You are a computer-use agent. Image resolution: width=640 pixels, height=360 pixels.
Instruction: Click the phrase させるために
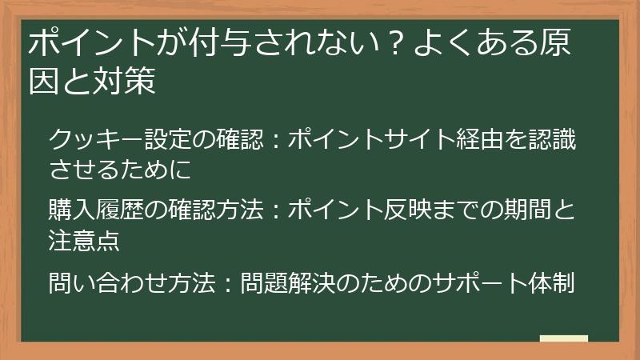pyautogui.click(x=120, y=170)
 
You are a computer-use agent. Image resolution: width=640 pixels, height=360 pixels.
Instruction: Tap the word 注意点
pyautogui.click(x=84, y=240)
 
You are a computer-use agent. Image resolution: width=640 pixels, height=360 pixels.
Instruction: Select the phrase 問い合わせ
pyautogui.click(x=108, y=282)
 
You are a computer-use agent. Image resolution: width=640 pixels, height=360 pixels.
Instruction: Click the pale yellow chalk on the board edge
pyautogui.click(x=564, y=338)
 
